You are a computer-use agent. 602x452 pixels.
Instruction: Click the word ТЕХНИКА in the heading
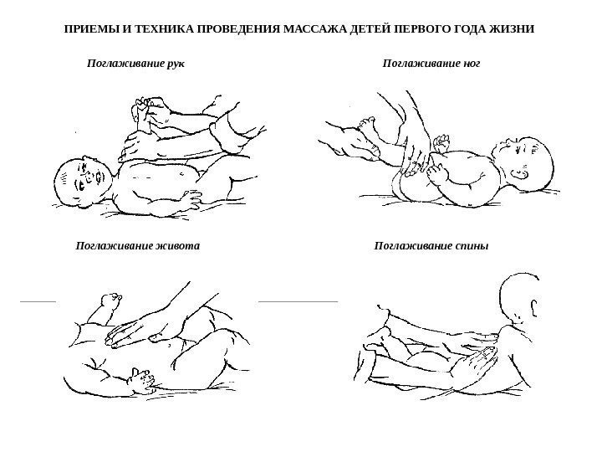[164, 29]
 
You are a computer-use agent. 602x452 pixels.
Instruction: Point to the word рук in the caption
[176, 64]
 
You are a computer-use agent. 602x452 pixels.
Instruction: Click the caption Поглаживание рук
[135, 64]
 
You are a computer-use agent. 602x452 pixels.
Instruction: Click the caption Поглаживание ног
[431, 64]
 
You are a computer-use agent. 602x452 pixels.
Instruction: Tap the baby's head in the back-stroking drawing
[520, 296]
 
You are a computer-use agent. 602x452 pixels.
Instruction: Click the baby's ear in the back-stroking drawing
[534, 307]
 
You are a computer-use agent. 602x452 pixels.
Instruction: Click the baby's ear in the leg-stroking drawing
[519, 175]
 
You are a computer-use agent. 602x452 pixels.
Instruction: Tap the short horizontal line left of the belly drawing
[38, 301]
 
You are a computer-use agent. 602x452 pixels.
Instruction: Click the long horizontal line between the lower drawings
[298, 301]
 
